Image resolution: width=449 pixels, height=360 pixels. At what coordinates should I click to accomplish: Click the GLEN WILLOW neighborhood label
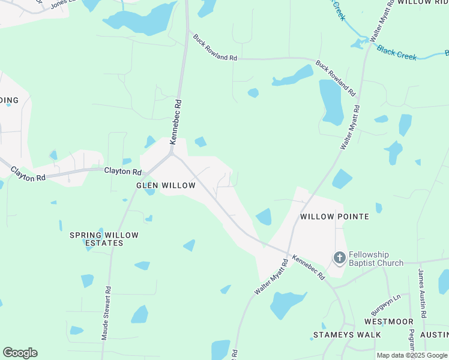pyautogui.click(x=166, y=186)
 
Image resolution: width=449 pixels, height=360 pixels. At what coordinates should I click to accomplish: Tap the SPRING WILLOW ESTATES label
pyautogui.click(x=104, y=239)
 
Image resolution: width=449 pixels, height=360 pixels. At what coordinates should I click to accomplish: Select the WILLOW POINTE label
pyautogui.click(x=334, y=217)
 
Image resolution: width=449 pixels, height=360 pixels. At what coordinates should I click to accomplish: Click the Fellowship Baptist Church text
pyautogui.click(x=376, y=259)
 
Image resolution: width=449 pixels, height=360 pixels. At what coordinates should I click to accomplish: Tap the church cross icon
pyautogui.click(x=339, y=258)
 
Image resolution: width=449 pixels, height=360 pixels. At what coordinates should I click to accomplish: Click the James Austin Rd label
pyautogui.click(x=423, y=293)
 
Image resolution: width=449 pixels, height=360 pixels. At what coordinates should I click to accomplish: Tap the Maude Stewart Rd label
pyautogui.click(x=106, y=313)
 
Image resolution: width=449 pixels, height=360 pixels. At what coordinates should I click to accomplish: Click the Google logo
pyautogui.click(x=20, y=353)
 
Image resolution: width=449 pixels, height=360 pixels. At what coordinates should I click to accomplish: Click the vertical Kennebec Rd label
pyautogui.click(x=175, y=122)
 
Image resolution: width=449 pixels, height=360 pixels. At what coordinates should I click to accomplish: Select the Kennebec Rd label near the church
pyautogui.click(x=309, y=268)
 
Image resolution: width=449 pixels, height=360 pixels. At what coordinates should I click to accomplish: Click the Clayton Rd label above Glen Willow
pyautogui.click(x=118, y=171)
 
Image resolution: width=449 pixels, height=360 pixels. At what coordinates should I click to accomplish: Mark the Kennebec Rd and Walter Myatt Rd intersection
pyautogui.click(x=288, y=253)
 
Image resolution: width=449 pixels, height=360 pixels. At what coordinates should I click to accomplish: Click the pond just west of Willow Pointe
pyautogui.click(x=264, y=217)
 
